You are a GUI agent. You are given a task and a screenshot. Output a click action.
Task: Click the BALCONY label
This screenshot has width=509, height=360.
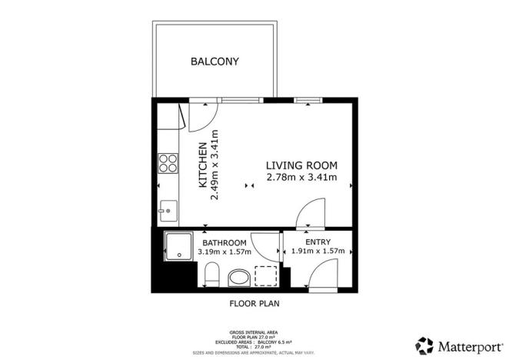215,62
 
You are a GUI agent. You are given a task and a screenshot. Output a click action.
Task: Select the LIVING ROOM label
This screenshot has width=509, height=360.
301,165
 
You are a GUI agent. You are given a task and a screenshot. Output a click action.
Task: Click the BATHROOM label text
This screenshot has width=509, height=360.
225,242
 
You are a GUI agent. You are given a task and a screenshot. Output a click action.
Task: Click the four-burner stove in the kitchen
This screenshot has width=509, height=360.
166,162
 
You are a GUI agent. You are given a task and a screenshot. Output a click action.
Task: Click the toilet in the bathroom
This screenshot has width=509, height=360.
212,274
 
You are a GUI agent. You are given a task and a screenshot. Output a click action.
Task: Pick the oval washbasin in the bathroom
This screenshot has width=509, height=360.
240,277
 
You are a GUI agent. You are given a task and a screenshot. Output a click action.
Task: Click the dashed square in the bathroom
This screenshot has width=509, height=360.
265,275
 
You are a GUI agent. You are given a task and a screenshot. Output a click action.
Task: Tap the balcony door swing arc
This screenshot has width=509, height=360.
197,115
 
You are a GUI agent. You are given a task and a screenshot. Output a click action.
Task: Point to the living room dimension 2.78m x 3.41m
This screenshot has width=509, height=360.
301,178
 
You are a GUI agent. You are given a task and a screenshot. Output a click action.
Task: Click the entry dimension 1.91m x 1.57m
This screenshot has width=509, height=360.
318,252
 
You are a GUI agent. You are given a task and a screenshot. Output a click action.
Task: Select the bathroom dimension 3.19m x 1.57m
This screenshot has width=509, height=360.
225,252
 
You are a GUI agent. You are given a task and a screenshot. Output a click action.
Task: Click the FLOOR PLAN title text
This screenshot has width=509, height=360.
254,303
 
